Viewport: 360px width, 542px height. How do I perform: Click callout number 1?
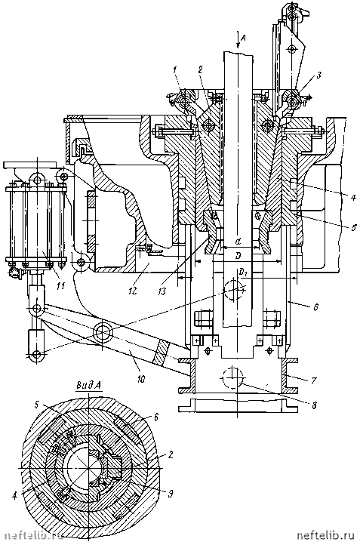click(175, 70)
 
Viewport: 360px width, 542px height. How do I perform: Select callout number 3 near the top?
click(319, 75)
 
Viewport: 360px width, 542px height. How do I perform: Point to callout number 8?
click(314, 405)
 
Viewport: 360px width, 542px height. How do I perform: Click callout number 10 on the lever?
click(141, 379)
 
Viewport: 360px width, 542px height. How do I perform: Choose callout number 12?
click(133, 291)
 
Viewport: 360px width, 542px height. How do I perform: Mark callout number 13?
click(162, 291)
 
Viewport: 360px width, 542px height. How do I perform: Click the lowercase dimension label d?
click(238, 242)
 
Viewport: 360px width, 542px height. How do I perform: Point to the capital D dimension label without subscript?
click(238, 257)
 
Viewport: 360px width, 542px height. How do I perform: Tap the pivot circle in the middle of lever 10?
click(103, 333)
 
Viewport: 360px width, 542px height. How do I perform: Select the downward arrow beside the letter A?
click(237, 39)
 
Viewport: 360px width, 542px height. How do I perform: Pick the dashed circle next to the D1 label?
click(235, 289)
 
